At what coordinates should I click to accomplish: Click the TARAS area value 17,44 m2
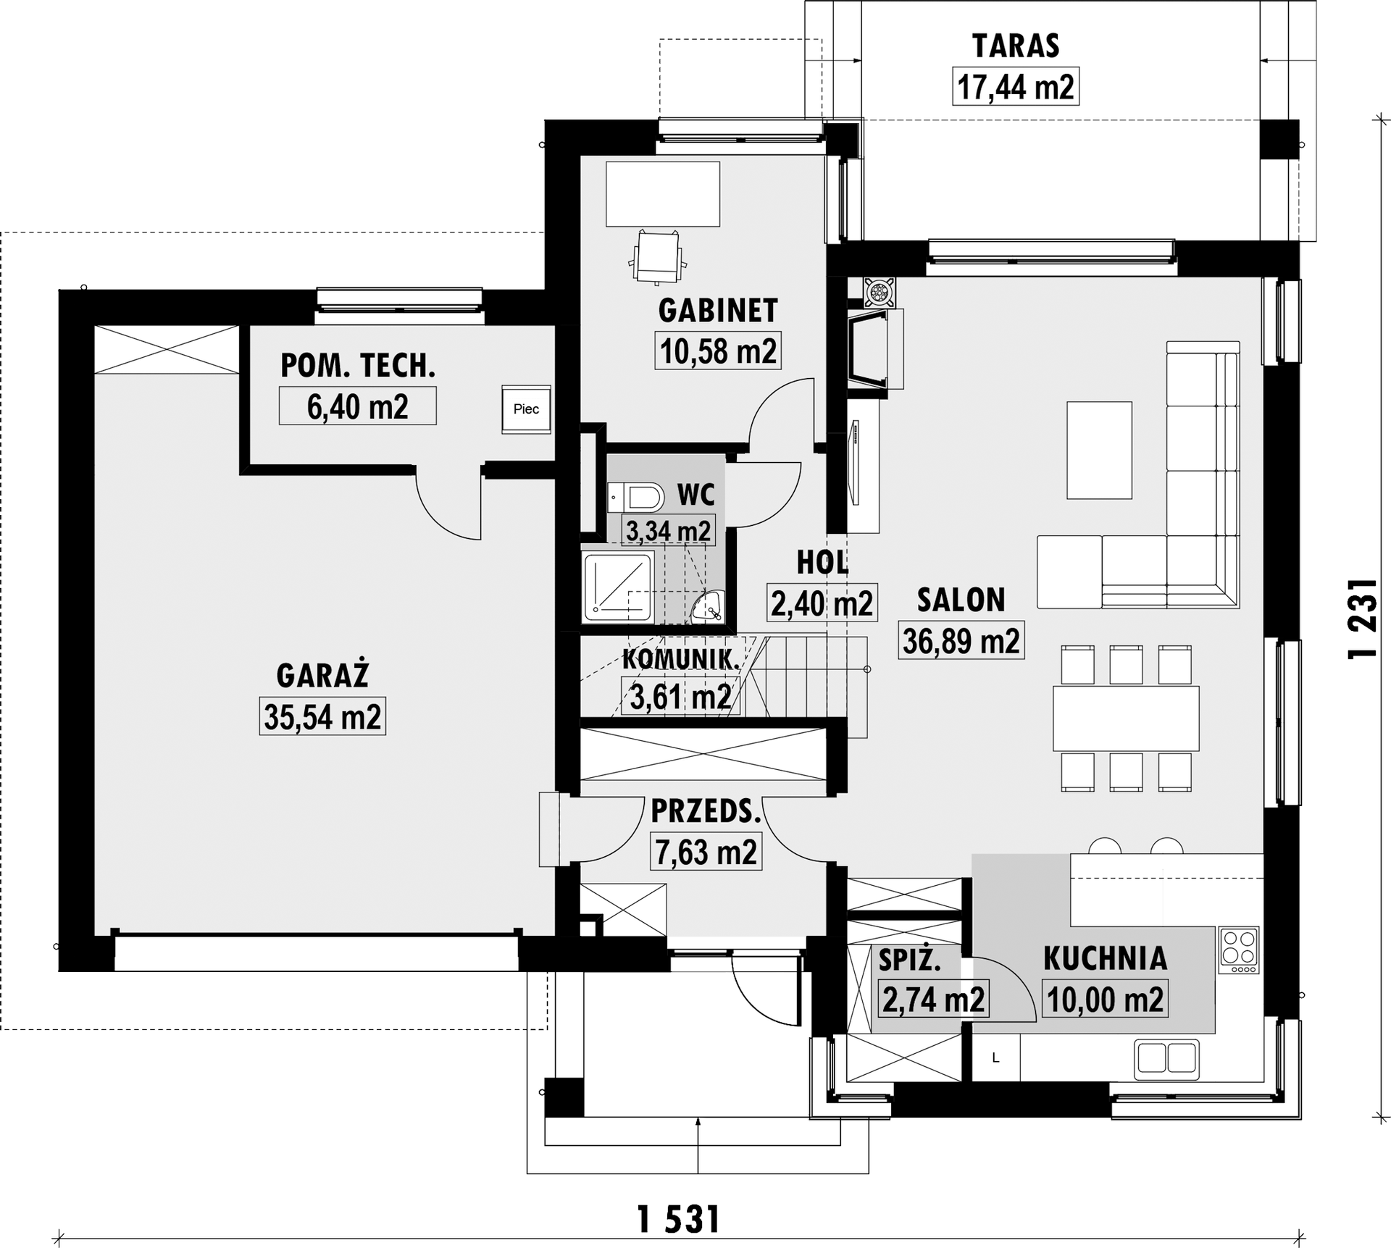[1015, 87]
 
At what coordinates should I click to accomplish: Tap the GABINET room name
[718, 310]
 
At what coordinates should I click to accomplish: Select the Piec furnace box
[526, 409]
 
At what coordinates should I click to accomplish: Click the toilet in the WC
[635, 498]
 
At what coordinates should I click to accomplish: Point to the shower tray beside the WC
[618, 587]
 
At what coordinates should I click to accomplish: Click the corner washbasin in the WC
[709, 607]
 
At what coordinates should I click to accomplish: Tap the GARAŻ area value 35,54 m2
[322, 717]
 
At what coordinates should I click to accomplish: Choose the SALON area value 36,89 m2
[961, 641]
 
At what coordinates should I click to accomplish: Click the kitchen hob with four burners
[1240, 950]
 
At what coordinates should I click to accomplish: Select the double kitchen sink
[1166, 1058]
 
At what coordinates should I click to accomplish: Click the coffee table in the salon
[1099, 451]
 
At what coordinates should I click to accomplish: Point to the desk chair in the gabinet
[658, 256]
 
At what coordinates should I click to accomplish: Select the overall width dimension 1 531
[678, 1220]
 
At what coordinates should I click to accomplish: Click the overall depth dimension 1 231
[1362, 618]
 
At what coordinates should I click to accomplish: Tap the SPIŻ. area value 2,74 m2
[933, 1000]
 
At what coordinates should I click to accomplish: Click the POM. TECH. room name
[358, 366]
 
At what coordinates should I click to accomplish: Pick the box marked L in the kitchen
[995, 1058]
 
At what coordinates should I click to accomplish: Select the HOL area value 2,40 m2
[822, 603]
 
